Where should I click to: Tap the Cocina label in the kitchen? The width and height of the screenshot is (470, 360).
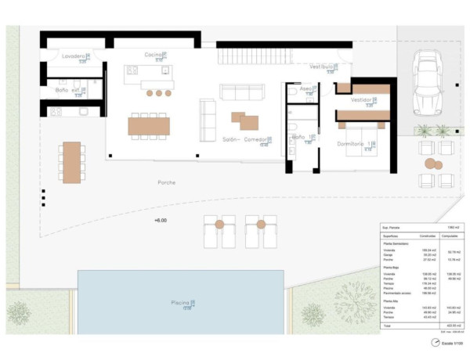(153, 54)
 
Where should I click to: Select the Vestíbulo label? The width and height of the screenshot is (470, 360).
(322, 67)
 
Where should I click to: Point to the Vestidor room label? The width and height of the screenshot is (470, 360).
(361, 99)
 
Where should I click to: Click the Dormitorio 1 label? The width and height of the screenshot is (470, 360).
(353, 143)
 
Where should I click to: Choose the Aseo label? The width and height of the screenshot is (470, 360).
(305, 89)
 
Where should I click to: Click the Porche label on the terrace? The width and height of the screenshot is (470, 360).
(166, 182)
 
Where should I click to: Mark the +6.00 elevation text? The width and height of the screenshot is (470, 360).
(161, 221)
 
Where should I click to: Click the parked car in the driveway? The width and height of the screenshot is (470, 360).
(428, 82)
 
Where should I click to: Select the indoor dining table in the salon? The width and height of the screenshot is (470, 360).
(148, 125)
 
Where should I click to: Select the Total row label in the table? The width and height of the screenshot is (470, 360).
(388, 325)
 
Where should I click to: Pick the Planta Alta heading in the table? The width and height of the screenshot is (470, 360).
(392, 300)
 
